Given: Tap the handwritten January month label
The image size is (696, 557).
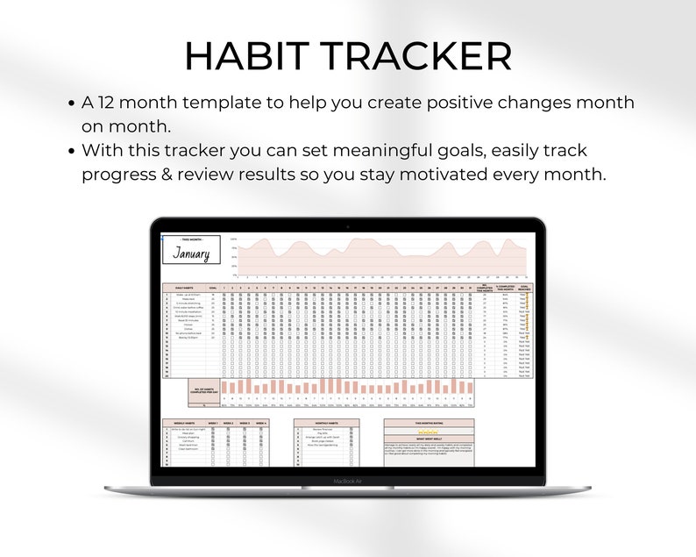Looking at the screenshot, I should pos(190,254).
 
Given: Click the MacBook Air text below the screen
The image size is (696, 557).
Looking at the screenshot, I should pos(347,481).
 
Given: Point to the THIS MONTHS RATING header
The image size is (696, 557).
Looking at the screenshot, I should pos(429,422).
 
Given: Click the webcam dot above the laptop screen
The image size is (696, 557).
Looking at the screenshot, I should pos(348,227).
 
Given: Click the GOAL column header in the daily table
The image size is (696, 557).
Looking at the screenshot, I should pos(213,286).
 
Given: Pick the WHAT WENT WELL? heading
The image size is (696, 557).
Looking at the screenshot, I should pos(429,441).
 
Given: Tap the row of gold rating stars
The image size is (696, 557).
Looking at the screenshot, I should pos(429,432).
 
